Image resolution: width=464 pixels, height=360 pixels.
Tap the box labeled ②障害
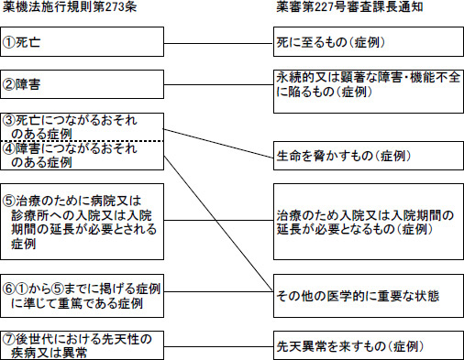(x=82, y=83)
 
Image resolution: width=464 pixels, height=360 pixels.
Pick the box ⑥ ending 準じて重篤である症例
(x=82, y=290)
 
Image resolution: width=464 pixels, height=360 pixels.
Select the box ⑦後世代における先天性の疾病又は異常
(x=82, y=344)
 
